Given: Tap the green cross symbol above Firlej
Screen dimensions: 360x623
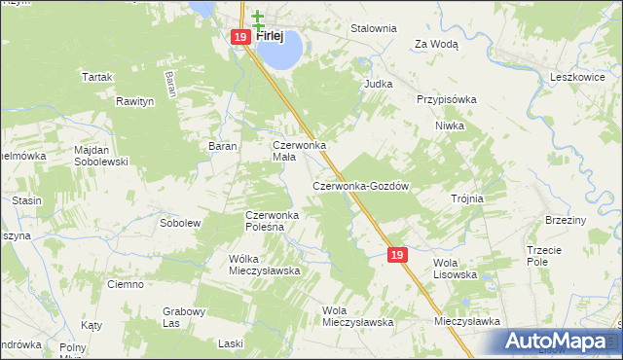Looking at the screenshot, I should pos(258,18).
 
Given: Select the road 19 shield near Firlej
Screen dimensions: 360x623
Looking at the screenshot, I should pos(240,37).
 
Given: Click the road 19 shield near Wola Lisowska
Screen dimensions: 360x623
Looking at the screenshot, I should pos(396,254).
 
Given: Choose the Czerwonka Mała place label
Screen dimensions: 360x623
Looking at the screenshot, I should pos(299,151).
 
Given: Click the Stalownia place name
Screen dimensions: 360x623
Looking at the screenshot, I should pos(374,28).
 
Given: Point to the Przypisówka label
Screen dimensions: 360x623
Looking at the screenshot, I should pos(447,99).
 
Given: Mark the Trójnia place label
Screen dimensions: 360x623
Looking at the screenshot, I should pos(467,198).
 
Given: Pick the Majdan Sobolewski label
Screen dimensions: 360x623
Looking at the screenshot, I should pos(101,156).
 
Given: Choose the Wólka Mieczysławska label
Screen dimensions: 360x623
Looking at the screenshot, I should pos(263,265).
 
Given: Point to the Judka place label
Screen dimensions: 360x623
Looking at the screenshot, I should pos(378,84).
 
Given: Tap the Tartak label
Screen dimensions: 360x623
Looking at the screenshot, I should pos(98,76).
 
